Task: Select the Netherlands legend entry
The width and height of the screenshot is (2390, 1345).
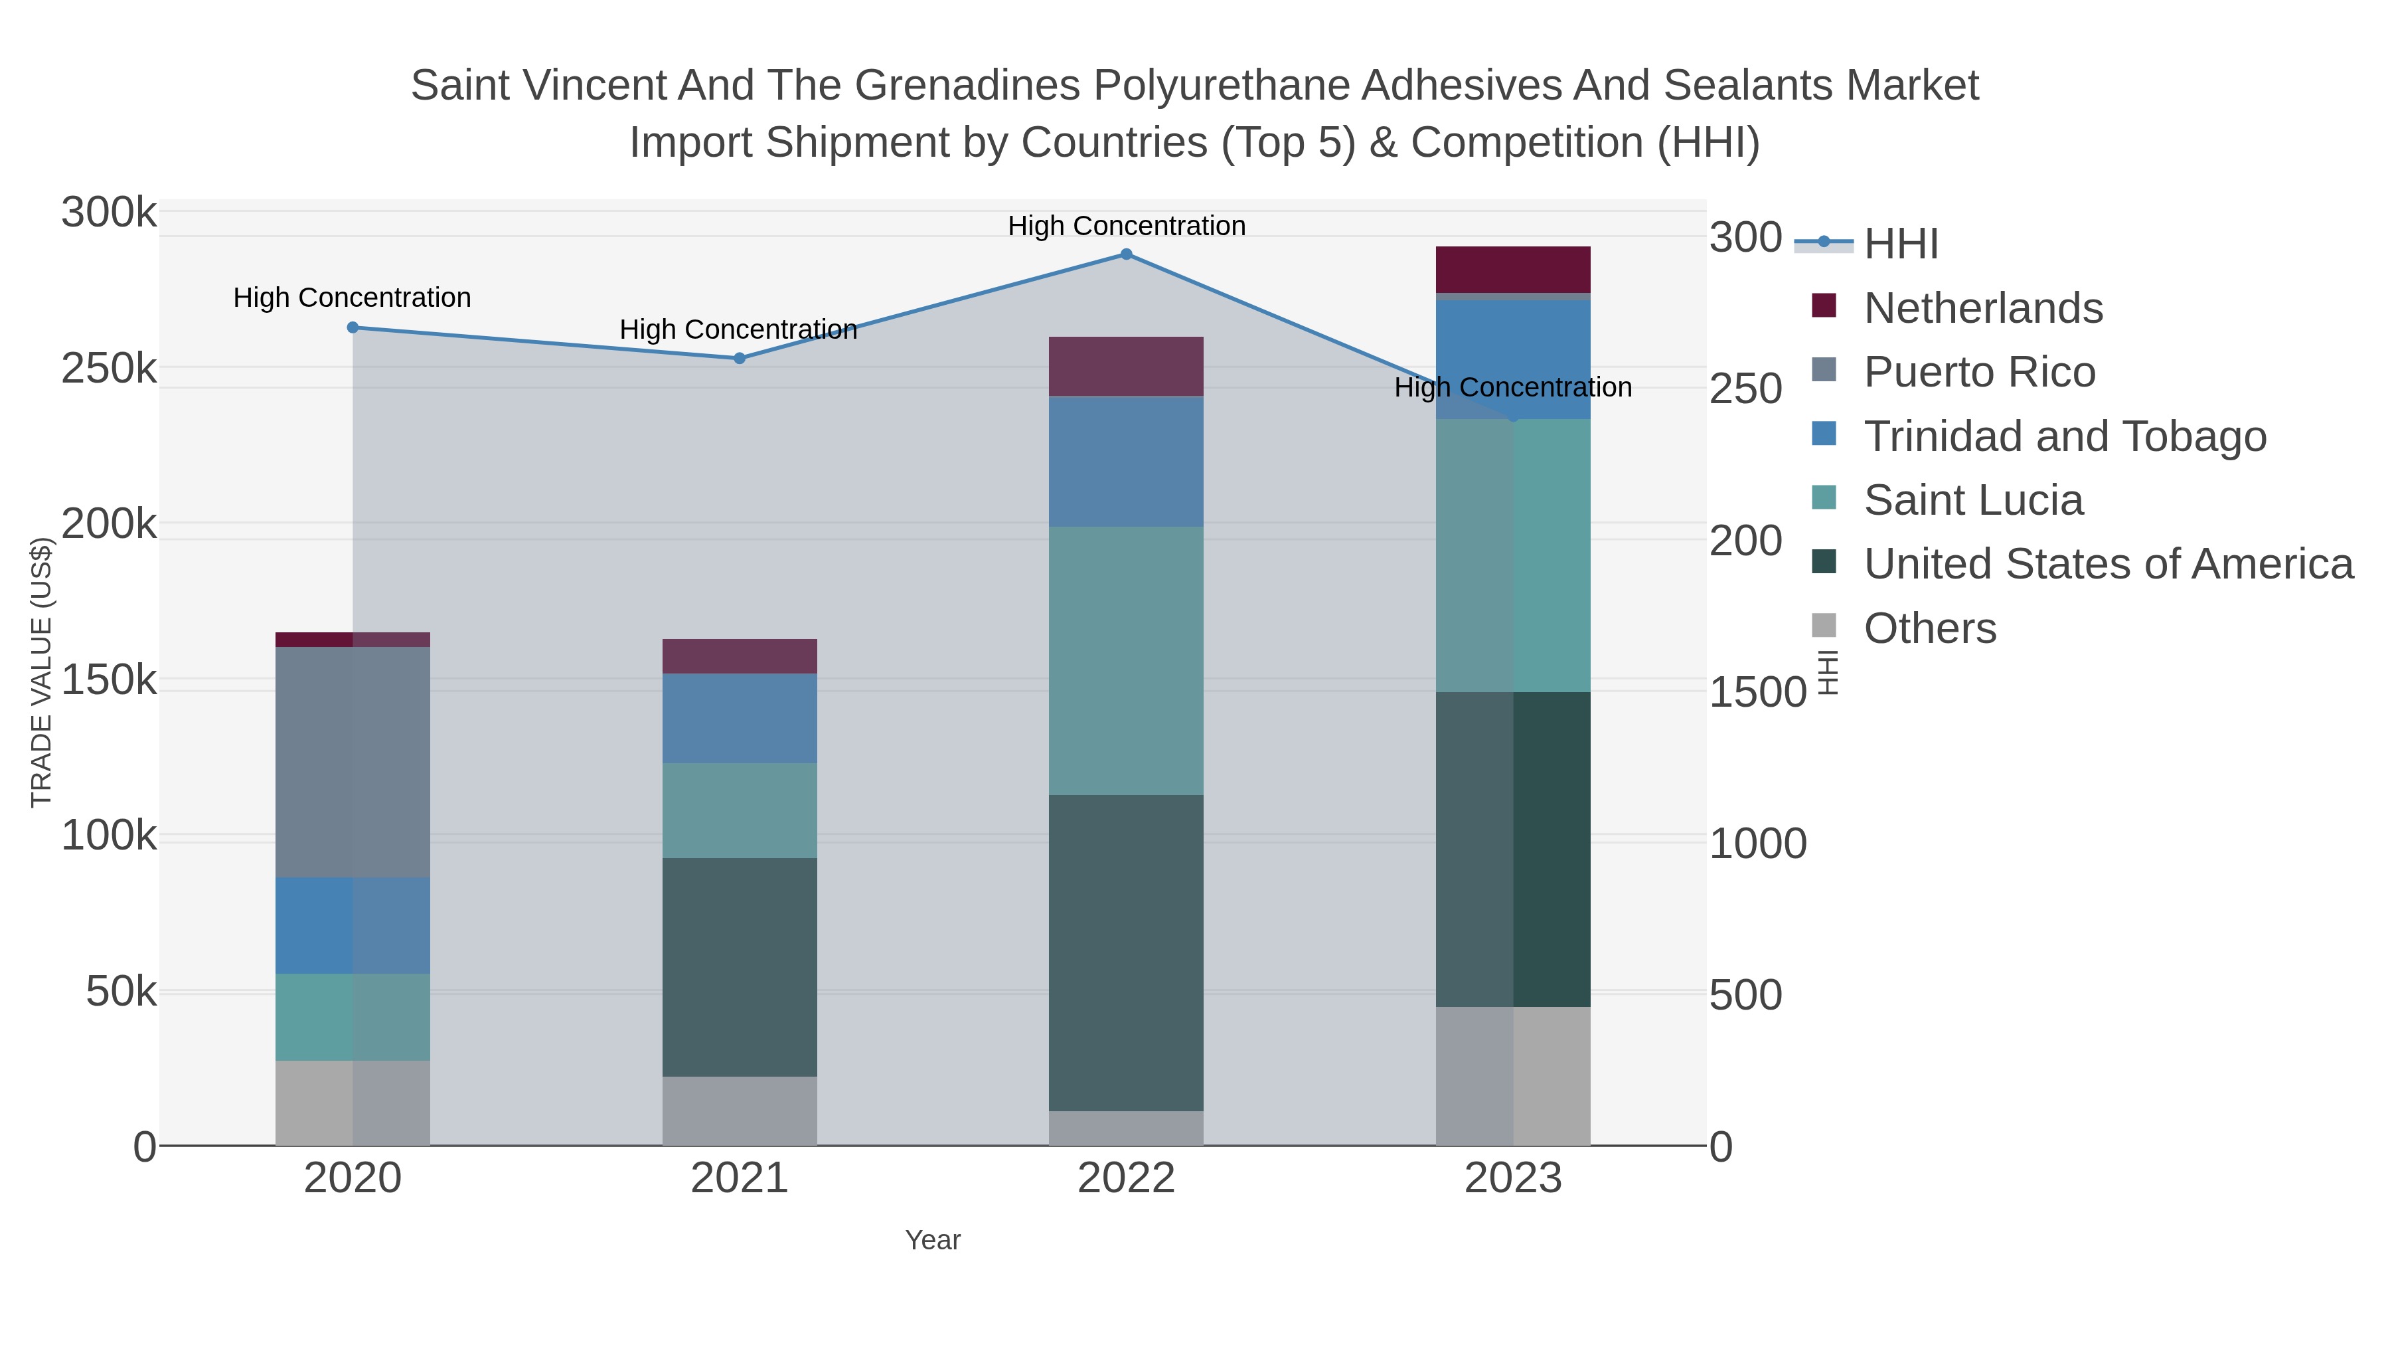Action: (x=1982, y=308)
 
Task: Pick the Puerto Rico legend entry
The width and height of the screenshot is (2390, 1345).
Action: (x=1979, y=372)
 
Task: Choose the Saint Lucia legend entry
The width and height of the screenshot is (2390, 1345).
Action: (x=1974, y=500)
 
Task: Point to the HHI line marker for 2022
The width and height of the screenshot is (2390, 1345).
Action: (x=1127, y=254)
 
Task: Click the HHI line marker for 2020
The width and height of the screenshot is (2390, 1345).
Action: (x=353, y=327)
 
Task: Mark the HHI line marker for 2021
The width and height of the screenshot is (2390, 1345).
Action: (x=740, y=358)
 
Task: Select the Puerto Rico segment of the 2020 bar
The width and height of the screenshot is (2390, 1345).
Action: (x=353, y=761)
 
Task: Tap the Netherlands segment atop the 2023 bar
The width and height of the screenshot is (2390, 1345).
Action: (x=1513, y=269)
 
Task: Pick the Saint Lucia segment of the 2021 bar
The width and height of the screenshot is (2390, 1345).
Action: (x=740, y=810)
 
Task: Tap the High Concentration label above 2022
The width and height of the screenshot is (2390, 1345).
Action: (x=1127, y=226)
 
